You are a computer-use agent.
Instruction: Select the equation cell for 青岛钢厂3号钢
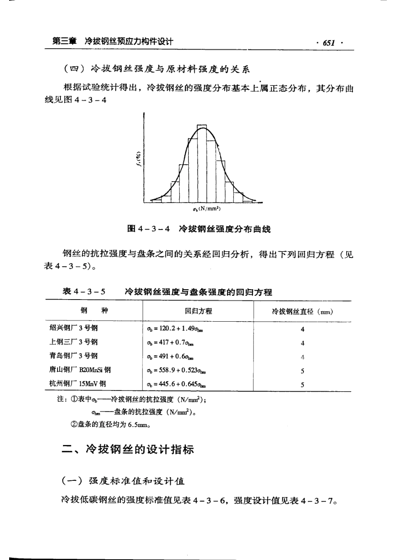(170, 357)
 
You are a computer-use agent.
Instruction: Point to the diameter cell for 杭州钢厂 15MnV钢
(302, 385)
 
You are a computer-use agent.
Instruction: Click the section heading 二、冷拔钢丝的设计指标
(128, 449)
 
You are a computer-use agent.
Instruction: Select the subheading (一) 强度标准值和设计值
(123, 481)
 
